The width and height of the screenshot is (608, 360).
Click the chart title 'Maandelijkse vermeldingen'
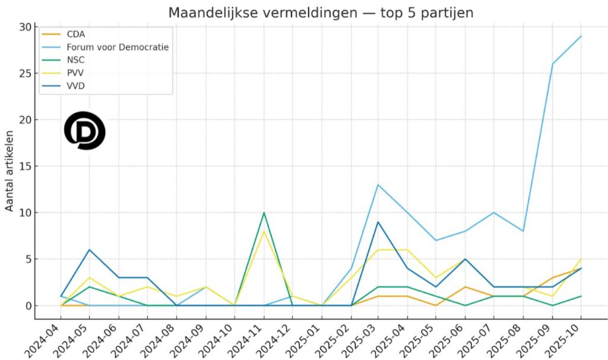321,12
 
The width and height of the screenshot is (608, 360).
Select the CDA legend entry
76,34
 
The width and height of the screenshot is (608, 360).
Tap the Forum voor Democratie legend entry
118,47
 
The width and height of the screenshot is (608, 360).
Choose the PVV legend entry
75,74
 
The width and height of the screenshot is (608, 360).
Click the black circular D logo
84,130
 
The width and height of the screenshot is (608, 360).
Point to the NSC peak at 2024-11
264,213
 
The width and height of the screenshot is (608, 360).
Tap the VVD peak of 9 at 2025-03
378,222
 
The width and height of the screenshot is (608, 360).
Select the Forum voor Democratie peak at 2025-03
378,185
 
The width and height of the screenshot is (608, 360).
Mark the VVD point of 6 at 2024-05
89,250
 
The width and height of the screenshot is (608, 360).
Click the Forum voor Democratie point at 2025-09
552,64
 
